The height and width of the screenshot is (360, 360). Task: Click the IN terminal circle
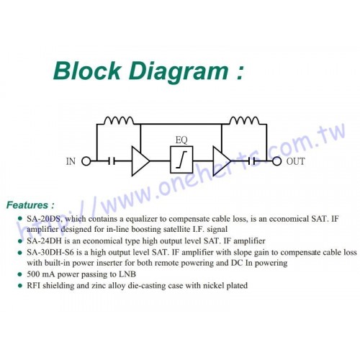click(86, 161)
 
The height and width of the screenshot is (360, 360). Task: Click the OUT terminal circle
click(276, 161)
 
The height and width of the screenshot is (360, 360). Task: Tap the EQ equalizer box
click(181, 160)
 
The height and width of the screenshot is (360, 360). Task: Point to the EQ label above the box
click(181, 140)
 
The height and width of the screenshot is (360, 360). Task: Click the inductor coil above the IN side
click(119, 120)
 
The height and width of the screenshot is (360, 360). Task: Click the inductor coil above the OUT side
click(244, 120)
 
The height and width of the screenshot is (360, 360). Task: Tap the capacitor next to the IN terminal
click(112, 161)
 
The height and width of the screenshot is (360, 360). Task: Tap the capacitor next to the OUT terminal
click(252, 161)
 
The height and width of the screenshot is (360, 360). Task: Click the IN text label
click(71, 161)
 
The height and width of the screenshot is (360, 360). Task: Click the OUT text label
click(295, 161)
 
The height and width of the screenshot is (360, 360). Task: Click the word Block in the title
click(86, 71)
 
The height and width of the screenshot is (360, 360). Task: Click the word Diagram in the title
click(179, 71)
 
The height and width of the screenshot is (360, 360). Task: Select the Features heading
click(30, 205)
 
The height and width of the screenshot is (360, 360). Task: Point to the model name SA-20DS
click(45, 219)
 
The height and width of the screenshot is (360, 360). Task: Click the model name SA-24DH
click(45, 240)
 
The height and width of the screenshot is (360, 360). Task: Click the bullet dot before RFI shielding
click(20, 286)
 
